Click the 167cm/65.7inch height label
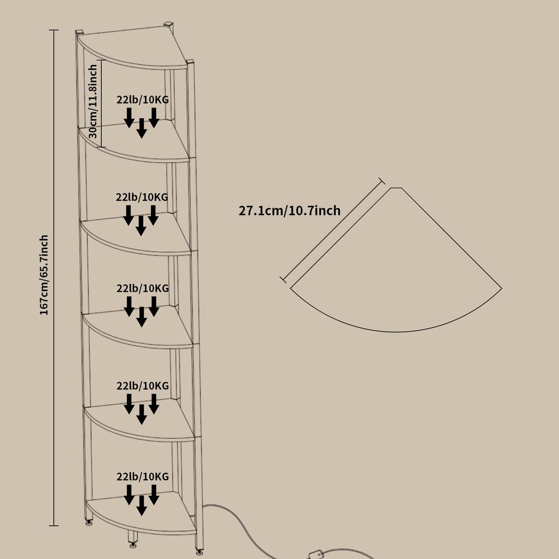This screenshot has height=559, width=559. (x=44, y=275)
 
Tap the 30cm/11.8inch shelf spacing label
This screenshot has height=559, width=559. (x=93, y=101)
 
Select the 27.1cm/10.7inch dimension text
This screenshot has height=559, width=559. (x=289, y=210)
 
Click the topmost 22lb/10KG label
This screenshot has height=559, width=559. (x=143, y=99)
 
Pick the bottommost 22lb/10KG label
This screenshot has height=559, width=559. (x=143, y=477)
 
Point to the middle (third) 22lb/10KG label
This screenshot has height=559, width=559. (x=143, y=288)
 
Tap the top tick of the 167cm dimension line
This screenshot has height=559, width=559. (x=53, y=30)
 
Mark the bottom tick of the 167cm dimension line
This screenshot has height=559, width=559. (x=53, y=525)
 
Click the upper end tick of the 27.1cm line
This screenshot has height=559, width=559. (x=381, y=181)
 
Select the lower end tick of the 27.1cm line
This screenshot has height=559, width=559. (x=283, y=279)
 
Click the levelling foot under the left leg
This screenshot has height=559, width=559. (x=88, y=522)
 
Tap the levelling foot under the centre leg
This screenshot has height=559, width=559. (x=133, y=545)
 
